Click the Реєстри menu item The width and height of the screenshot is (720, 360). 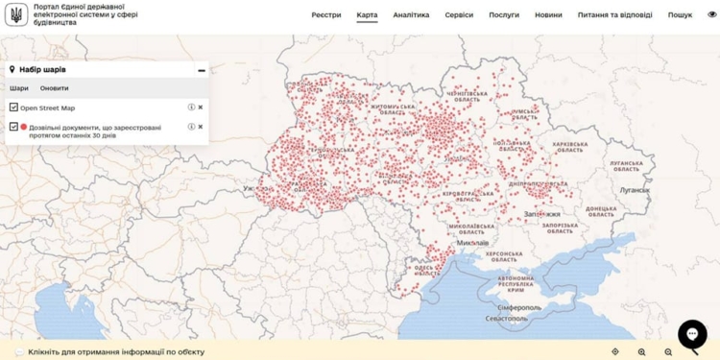(326, 15)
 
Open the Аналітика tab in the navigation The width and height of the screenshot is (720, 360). (411, 15)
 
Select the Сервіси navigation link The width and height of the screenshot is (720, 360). (459, 15)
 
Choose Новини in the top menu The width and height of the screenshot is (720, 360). (549, 15)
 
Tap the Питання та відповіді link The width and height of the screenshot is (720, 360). (615, 15)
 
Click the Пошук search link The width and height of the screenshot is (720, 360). (680, 15)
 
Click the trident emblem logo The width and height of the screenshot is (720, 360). (15, 14)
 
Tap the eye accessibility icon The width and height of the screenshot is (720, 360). (711, 14)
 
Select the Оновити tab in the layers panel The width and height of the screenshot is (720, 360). (54, 88)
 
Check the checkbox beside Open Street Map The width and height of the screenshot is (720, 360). (13, 108)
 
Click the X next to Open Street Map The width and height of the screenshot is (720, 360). (201, 108)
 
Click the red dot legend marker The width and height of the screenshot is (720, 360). (24, 127)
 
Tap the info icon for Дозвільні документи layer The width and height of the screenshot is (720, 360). (191, 127)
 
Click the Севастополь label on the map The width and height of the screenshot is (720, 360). (506, 318)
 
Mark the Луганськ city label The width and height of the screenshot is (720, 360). (635, 190)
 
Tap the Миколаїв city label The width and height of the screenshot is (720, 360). (473, 243)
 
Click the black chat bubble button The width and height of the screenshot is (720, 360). (692, 333)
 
